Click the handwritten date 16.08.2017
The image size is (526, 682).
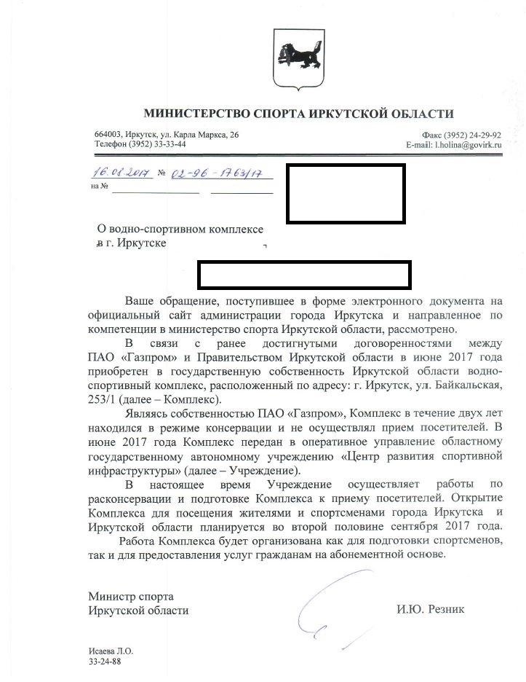[121, 173]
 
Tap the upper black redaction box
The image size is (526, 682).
[345, 193]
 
